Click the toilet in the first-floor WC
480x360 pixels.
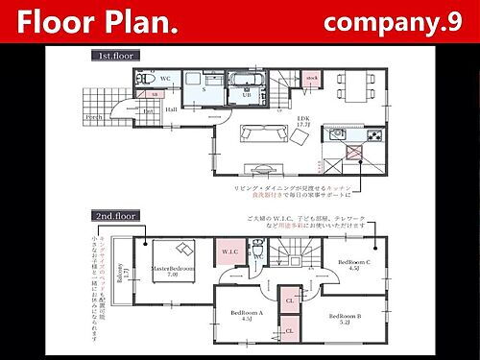(x=141, y=78)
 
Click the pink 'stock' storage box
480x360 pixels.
(x=312, y=77)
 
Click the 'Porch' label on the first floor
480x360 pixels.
(x=94, y=117)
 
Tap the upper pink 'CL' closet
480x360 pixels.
(x=289, y=300)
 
